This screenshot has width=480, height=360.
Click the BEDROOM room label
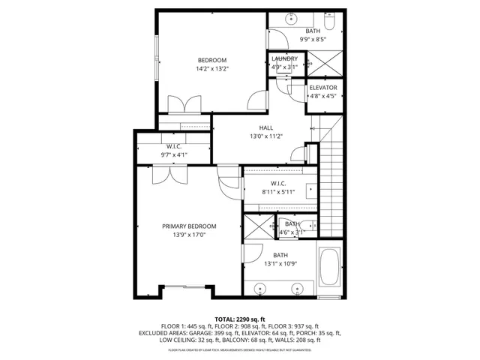point(211,60)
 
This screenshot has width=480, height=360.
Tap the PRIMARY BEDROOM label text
point(189,226)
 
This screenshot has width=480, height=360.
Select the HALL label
point(265,128)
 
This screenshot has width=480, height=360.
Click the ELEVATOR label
point(323,88)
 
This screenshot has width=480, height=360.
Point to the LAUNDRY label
point(284,58)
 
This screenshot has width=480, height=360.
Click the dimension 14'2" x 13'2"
point(211,69)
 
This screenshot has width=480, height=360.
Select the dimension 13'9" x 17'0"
point(189,235)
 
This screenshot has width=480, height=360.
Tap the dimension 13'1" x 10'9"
point(280,264)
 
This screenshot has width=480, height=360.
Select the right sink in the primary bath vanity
point(299,287)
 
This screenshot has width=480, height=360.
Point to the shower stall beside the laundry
point(327,60)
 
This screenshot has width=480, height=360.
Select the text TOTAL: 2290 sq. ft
point(239,319)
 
